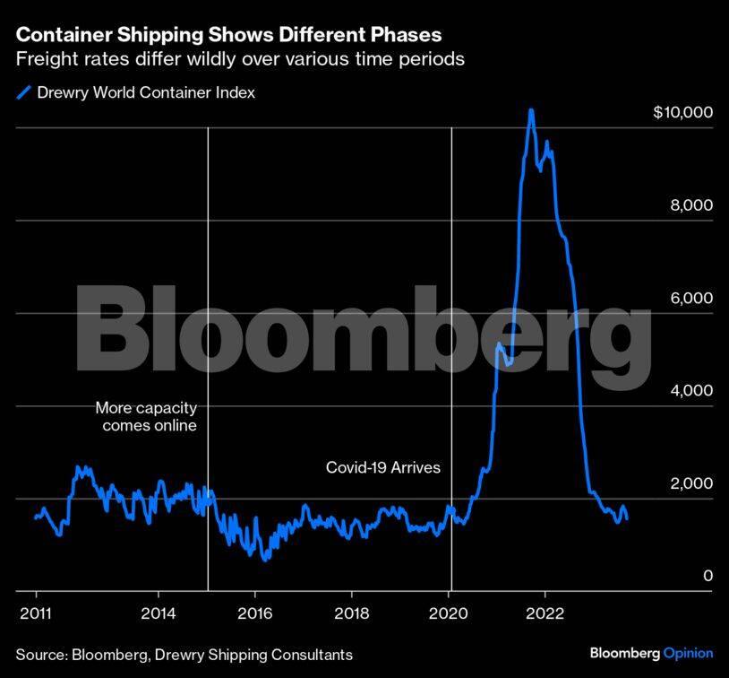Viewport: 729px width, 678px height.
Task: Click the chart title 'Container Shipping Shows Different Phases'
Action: click(228, 35)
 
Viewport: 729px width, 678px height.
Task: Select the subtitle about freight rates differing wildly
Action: click(239, 61)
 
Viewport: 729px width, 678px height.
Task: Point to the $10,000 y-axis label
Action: click(682, 112)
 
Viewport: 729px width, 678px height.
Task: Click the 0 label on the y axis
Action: click(708, 576)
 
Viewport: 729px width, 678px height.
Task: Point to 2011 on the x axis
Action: click(36, 615)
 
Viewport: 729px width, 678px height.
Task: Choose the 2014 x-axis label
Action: click(158, 615)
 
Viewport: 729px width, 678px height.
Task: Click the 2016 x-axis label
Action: click(254, 615)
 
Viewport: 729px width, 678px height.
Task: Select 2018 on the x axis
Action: click(352, 615)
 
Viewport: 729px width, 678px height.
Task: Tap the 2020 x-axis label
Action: click(450, 615)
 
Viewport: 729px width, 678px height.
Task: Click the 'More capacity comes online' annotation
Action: click(146, 417)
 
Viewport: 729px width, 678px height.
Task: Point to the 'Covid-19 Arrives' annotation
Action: click(382, 467)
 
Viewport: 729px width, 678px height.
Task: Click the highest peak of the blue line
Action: click(531, 110)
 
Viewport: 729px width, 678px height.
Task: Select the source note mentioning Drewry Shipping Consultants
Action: click(184, 655)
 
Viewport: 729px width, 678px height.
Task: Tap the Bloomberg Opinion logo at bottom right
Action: click(651, 654)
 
